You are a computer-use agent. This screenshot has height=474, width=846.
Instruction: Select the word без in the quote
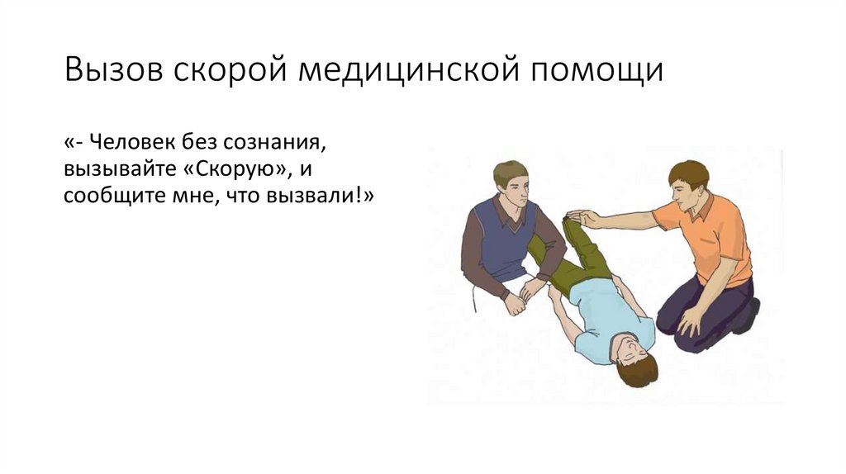[x=198, y=144]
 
